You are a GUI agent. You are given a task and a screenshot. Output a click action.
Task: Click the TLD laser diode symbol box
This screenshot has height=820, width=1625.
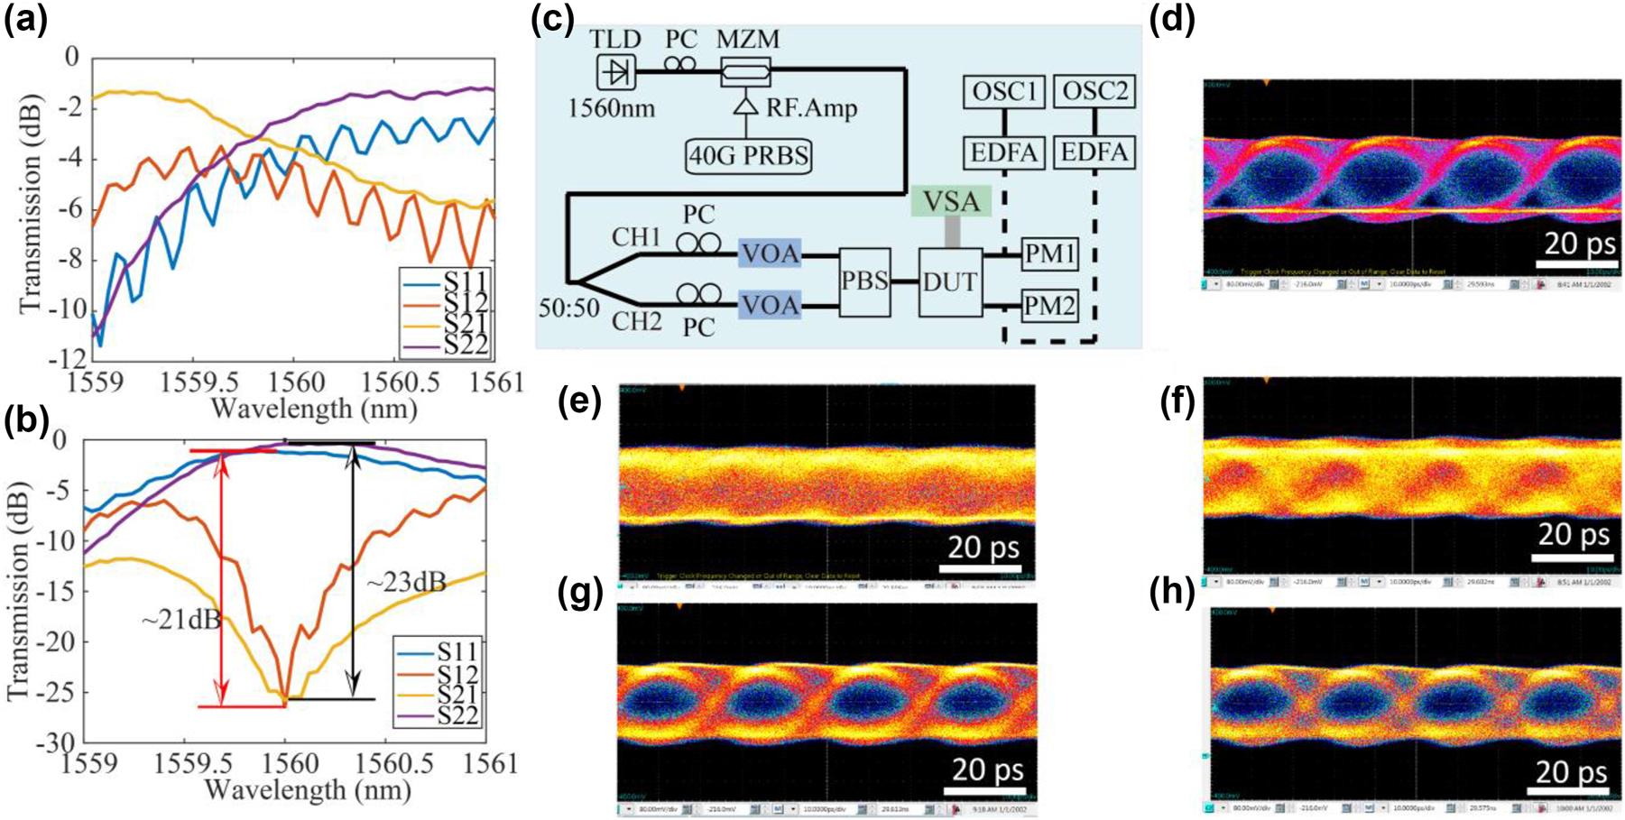[616, 71]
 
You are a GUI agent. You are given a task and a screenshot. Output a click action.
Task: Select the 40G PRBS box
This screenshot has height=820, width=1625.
[749, 155]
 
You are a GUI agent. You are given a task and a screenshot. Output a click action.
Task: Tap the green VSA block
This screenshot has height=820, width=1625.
[951, 200]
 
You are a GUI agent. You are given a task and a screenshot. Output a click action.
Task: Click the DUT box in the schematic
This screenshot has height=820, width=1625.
[950, 282]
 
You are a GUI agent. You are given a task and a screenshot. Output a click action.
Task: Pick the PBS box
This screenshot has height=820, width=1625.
[864, 281]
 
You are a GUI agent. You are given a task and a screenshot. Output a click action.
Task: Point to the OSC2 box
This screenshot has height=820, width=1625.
[1094, 90]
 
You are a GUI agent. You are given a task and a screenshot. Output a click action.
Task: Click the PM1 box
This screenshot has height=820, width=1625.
[1048, 255]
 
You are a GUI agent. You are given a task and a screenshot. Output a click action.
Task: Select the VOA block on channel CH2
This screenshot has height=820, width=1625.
[770, 306]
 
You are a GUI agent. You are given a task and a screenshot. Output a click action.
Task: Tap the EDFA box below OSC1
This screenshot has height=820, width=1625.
[1003, 152]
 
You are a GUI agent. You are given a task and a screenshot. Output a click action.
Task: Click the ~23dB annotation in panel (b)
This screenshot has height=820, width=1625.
[406, 583]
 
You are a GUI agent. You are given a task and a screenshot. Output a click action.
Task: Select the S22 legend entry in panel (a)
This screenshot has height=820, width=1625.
[465, 344]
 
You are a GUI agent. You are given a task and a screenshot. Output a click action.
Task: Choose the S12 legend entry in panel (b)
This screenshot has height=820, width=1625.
[457, 674]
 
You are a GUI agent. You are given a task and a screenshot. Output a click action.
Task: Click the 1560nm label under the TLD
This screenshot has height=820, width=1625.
[612, 109]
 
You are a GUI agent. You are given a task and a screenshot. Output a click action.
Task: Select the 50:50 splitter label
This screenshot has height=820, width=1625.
[569, 308]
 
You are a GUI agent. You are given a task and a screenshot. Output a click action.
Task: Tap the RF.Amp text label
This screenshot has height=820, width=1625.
[811, 108]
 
